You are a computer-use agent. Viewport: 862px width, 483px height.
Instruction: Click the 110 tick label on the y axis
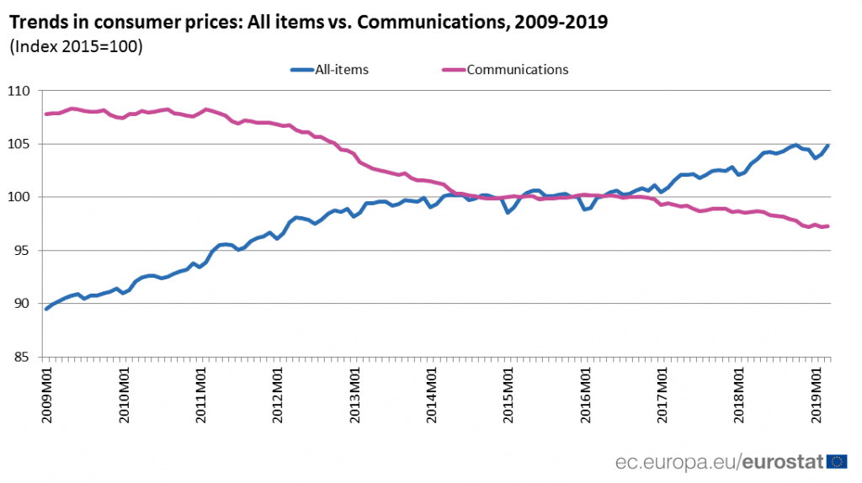point(19,91)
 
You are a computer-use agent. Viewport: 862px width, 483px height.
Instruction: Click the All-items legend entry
point(341,70)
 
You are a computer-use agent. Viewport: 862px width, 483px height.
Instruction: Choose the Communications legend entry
point(517,70)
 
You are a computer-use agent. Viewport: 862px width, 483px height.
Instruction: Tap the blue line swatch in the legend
point(301,70)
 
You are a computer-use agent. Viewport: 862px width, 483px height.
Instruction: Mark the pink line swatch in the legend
point(453,70)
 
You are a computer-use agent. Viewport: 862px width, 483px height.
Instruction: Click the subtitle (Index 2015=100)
point(76,46)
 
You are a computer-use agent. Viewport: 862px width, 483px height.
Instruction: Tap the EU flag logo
point(838,460)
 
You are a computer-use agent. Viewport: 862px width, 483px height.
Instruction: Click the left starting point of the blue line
point(46,309)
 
